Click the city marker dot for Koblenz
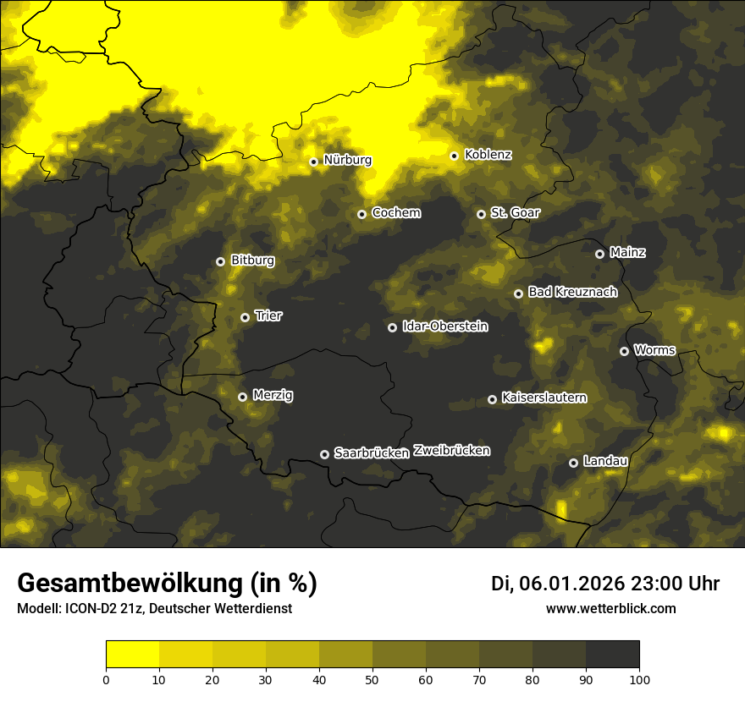455,156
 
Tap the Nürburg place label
347,160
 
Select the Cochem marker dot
361,214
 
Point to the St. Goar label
515,213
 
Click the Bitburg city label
252,261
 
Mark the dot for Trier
245,317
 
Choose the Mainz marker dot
599,254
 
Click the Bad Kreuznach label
572,292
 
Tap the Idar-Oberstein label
444,326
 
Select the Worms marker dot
624,351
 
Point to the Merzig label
273,395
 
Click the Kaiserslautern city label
544,398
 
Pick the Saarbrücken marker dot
324,454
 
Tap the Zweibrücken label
451,451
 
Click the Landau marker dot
573,463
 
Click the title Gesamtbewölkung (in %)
167,584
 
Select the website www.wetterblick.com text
610,609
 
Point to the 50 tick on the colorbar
372,678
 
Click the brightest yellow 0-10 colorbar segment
133,655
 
